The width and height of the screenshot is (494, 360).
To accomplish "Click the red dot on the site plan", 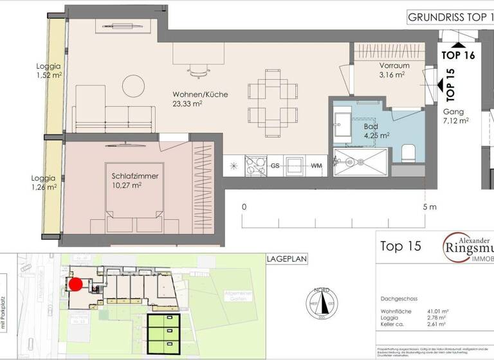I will (76, 283).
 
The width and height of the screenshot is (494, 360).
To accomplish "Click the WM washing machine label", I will (316, 166).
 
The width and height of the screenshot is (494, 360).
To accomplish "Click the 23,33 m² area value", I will (187, 104).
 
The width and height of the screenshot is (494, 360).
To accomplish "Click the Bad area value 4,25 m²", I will (376, 136).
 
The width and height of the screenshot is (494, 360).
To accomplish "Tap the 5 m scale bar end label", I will (430, 207).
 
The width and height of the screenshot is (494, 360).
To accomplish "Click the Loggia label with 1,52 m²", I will (49, 70).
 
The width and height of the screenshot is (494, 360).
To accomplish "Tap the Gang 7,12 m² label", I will (455, 115).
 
